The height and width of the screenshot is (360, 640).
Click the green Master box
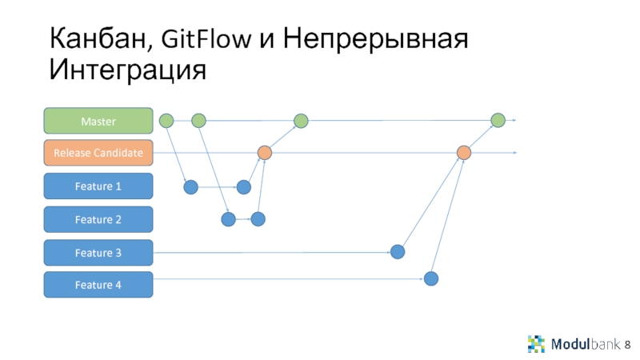[x=98, y=121]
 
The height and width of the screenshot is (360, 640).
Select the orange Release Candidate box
[x=98, y=152]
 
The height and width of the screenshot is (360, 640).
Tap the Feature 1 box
[x=98, y=186]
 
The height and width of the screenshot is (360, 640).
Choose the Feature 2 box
[x=98, y=219]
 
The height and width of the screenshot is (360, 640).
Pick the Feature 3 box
[x=98, y=253]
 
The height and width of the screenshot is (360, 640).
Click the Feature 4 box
[x=98, y=285]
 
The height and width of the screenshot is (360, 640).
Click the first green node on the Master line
[x=166, y=121]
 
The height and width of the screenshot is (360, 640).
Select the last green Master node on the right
[x=498, y=121]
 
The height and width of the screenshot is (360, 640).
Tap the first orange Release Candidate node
[x=264, y=152]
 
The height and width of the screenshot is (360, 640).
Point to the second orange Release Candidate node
[x=464, y=152]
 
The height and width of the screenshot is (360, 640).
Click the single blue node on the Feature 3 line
[x=398, y=251]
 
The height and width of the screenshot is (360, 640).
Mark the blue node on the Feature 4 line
[x=431, y=278]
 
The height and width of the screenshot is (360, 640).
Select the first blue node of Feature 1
[x=190, y=187]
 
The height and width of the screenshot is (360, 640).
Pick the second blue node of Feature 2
[x=258, y=218]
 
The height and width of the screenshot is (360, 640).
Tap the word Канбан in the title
[x=100, y=38]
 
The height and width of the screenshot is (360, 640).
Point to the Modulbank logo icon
[x=536, y=343]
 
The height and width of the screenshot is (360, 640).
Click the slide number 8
[x=628, y=343]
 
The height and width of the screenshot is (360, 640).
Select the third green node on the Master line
[x=301, y=121]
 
